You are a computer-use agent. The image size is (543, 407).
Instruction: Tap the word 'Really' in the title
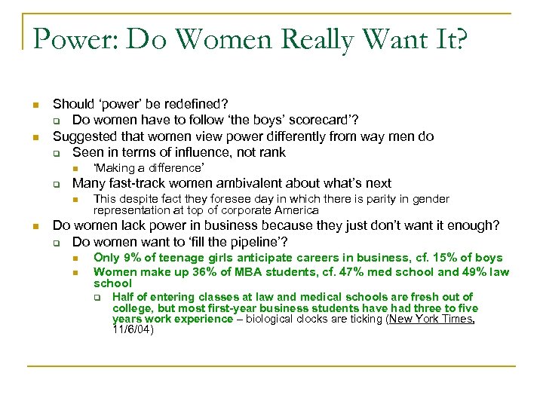pyautogui.click(x=318, y=38)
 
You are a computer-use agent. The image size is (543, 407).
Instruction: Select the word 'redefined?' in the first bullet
pyautogui.click(x=198, y=103)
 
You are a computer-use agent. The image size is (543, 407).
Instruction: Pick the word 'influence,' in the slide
pyautogui.click(x=187, y=153)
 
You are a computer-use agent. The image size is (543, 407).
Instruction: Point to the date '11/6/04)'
pyautogui.click(x=133, y=329)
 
